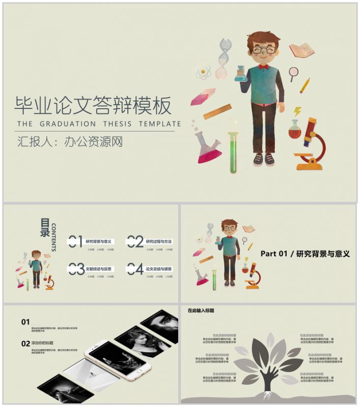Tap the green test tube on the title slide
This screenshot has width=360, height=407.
(234, 152)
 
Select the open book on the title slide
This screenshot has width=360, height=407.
(301, 50)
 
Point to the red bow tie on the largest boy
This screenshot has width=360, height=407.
(263, 67)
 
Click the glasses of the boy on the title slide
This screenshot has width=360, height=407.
(264, 50)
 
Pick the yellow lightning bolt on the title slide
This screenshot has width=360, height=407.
(298, 110)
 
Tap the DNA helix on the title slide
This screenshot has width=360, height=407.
(223, 58)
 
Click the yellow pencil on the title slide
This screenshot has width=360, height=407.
(304, 85)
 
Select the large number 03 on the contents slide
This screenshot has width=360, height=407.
(76, 269)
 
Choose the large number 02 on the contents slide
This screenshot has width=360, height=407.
(135, 242)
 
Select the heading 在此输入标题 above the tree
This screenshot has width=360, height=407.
(201, 310)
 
